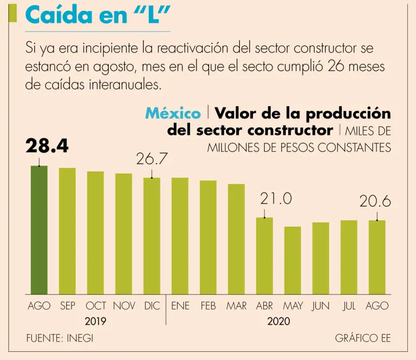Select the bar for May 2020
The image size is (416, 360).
292,260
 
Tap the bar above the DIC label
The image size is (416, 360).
152,235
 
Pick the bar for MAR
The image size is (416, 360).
236,239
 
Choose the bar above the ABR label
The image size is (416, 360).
264,255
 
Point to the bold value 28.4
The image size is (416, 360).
47,146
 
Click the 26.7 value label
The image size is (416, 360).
152,159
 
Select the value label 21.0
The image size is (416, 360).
276,199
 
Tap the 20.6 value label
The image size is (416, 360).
375,202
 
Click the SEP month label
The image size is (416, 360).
67,306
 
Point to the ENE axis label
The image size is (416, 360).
180,306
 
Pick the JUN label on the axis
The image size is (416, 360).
321,306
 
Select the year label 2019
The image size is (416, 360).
95,322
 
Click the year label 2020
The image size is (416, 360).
278,322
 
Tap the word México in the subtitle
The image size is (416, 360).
173,114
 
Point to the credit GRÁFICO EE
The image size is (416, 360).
362,338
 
